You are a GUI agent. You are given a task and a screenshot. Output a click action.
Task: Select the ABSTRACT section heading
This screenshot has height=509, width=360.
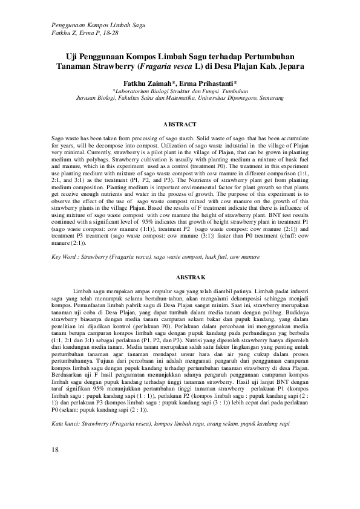(180, 125)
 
